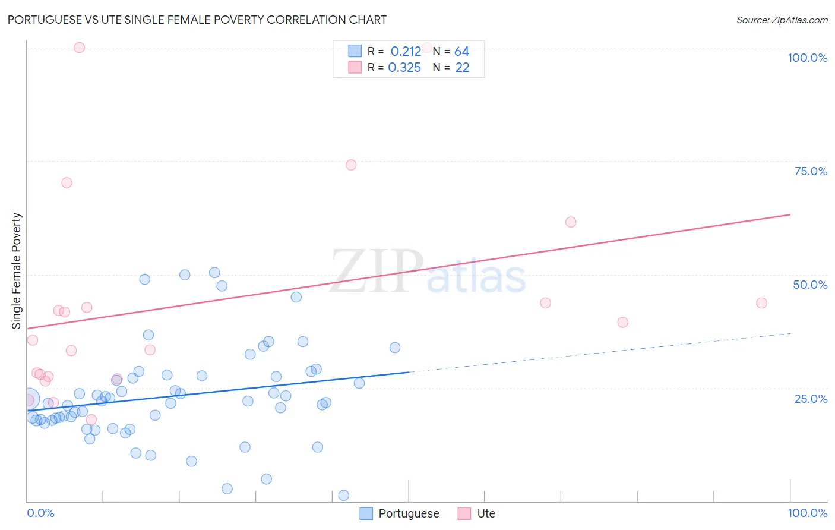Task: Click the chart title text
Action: [197, 20]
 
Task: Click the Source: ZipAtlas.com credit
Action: [782, 20]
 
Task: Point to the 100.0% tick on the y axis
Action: [807, 58]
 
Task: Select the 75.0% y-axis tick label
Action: [811, 171]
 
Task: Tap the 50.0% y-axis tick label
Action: [810, 285]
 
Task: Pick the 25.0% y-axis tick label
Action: [811, 398]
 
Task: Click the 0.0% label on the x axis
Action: [40, 513]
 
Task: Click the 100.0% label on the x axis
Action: [807, 513]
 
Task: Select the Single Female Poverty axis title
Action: [17, 271]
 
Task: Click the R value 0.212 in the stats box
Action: [406, 52]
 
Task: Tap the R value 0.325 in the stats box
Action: [404, 68]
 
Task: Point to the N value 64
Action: [461, 52]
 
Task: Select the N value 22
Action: [462, 68]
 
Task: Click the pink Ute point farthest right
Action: [761, 303]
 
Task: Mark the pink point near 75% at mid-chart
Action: [351, 165]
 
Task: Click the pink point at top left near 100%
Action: [80, 48]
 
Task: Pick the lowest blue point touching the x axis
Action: [343, 496]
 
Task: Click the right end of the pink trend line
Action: [790, 214]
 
